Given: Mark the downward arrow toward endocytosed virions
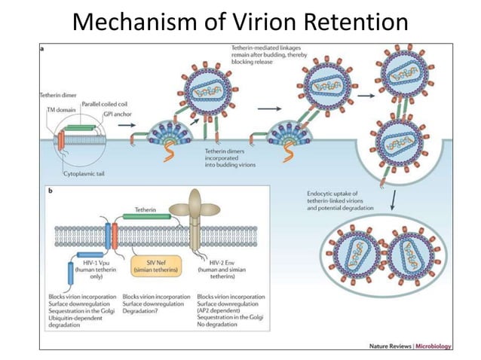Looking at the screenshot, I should click(x=394, y=200).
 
